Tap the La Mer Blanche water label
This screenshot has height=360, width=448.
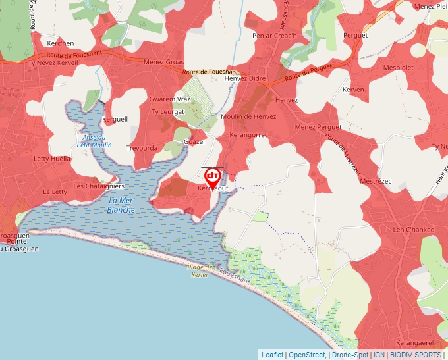click(121, 205)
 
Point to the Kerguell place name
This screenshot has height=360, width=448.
click(115, 120)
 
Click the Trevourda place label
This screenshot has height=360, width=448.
click(142, 148)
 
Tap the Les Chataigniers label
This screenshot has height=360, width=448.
click(99, 186)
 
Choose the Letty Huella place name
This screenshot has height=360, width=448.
click(52, 159)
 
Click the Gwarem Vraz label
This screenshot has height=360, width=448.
click(170, 99)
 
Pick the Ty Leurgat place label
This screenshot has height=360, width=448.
click(169, 112)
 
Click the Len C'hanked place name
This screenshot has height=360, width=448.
click(413, 229)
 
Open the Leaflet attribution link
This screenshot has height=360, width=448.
click(272, 355)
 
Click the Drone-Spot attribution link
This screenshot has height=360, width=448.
click(350, 355)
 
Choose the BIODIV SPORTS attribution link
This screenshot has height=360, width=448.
click(415, 355)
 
